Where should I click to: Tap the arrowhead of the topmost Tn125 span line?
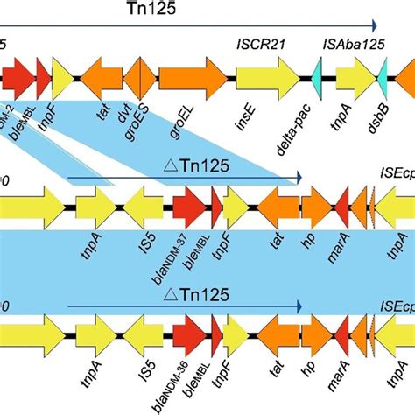coord(374,26)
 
